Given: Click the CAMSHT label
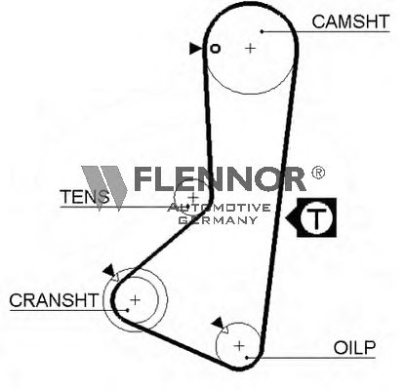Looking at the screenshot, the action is tap(350, 21).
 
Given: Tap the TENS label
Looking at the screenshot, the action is tap(85, 197).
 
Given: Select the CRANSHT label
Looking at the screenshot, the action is tap(54, 300).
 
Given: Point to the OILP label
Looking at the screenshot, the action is tap(354, 348).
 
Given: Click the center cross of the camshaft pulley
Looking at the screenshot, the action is tap(250, 48).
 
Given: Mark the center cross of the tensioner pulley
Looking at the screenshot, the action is tap(193, 197).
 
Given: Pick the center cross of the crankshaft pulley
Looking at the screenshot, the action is tap(135, 299).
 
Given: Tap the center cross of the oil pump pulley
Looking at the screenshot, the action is tap(239, 345).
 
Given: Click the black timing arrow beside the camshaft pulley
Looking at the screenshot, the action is tap(196, 49).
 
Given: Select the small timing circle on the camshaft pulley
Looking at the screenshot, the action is tap(215, 49).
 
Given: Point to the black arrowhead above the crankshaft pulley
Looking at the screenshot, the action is tap(109, 270).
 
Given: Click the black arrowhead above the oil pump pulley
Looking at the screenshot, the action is tap(218, 323).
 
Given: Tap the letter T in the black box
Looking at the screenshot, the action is tap(316, 217).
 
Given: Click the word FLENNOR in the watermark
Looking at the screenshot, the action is tap(220, 178).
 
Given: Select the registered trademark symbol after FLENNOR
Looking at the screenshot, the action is tap(318, 173).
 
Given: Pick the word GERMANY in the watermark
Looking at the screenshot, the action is tap(218, 220).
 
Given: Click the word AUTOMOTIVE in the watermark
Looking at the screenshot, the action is tap(219, 208).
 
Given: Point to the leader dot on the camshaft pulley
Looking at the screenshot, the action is tap(262, 31).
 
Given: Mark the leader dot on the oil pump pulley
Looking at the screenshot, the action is tap(247, 358).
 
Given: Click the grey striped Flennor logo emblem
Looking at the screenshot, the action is tap(104, 187).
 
